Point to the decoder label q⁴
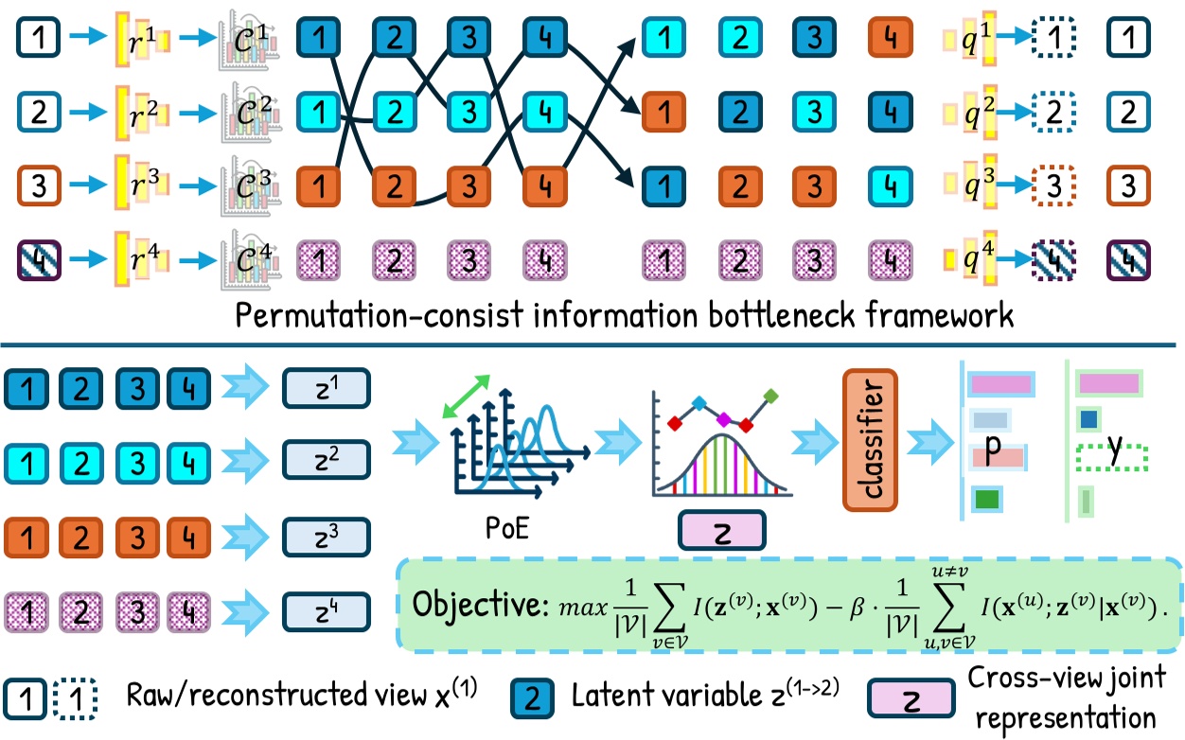(966, 255)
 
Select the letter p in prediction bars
(992, 452)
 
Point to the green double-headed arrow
(468, 393)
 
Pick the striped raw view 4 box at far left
(38, 256)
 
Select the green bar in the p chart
(986, 497)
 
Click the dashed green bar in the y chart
(1111, 458)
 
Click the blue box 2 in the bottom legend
(533, 699)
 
